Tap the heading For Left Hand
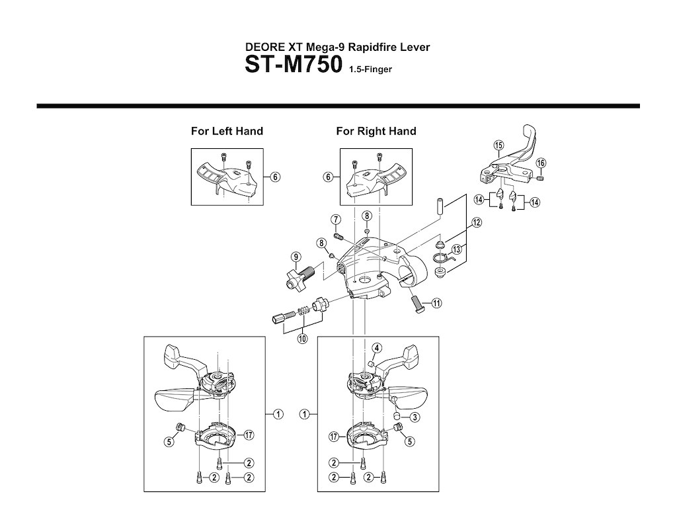227,131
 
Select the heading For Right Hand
376,131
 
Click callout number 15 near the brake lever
498,145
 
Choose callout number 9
296,257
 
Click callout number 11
436,304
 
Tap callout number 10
303,339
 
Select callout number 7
335,220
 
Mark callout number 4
376,349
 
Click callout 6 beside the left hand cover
275,177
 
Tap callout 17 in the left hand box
248,435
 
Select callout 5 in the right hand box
411,441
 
